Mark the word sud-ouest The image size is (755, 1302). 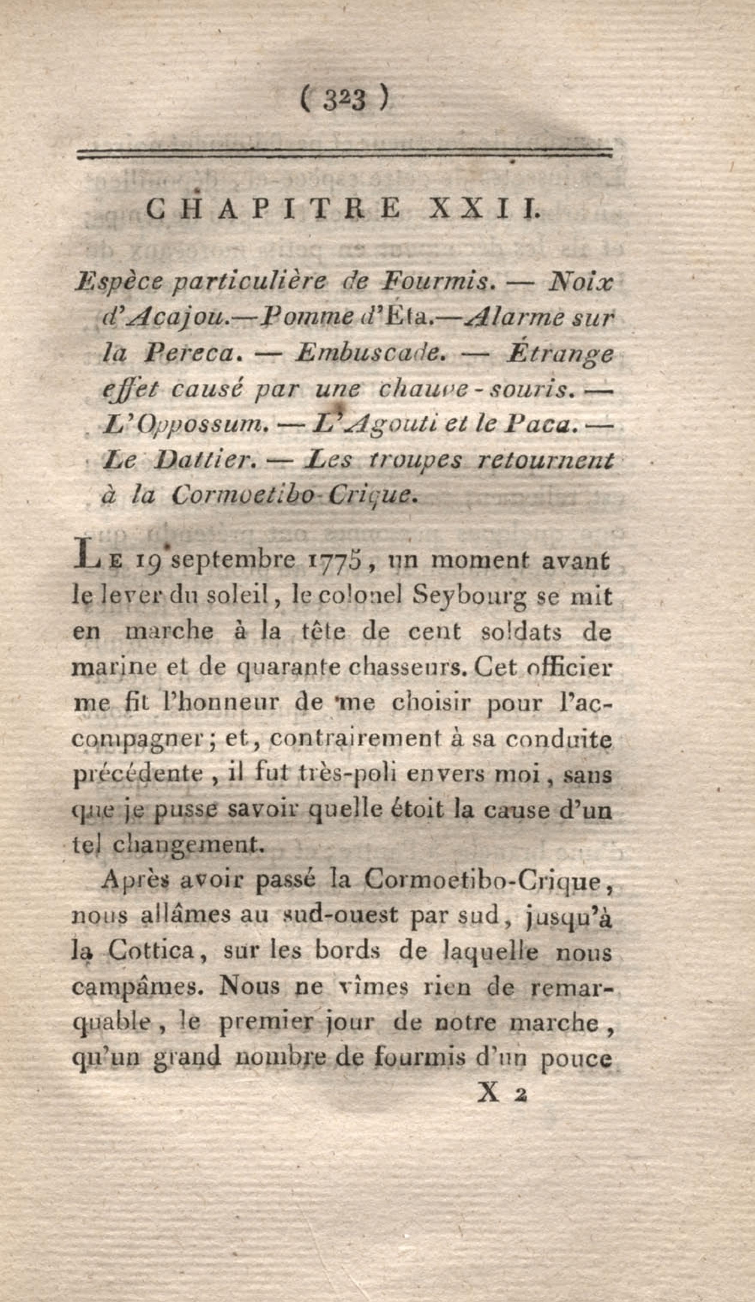pos(338,916)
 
